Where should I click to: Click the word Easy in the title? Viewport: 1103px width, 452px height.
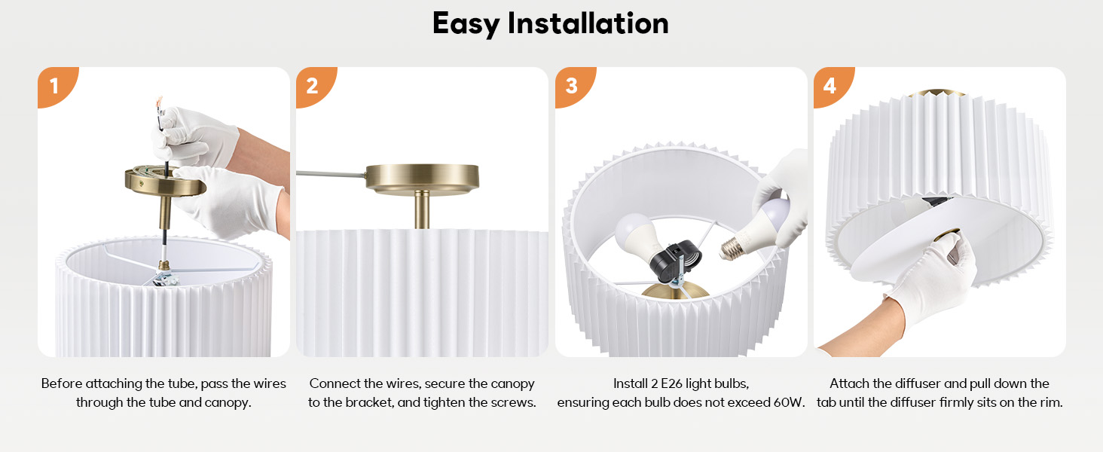point(466,23)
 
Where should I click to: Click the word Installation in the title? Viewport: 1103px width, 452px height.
point(588,23)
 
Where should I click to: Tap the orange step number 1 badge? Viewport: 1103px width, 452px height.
point(54,86)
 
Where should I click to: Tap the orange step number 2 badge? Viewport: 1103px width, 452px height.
point(312,86)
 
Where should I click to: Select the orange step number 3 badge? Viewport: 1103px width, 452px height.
point(571,86)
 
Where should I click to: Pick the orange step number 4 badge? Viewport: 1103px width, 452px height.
point(830,86)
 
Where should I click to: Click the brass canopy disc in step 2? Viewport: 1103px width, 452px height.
point(422,178)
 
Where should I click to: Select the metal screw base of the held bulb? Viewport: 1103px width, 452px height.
point(732,247)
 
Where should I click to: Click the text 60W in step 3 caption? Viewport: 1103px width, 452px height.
point(789,402)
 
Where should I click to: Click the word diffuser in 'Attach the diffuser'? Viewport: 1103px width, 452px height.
point(914,383)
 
